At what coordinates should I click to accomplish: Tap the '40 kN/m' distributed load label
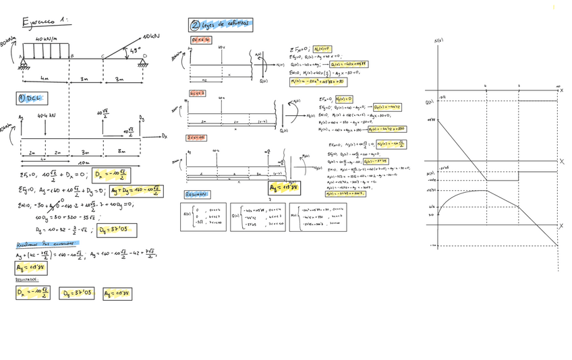click(x=47, y=39)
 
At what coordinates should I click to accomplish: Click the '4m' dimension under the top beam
click(x=45, y=79)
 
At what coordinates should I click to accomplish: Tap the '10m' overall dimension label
click(x=84, y=162)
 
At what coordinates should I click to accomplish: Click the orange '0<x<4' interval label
click(x=201, y=40)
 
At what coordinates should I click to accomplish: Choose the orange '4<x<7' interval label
click(x=197, y=93)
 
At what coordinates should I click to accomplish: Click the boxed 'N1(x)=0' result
click(x=322, y=49)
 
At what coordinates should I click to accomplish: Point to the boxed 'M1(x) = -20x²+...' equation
click(x=318, y=82)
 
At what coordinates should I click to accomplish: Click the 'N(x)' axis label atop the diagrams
click(x=438, y=41)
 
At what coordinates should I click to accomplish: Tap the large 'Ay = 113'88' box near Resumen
click(x=284, y=188)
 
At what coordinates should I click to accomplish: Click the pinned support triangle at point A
click(x=23, y=65)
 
